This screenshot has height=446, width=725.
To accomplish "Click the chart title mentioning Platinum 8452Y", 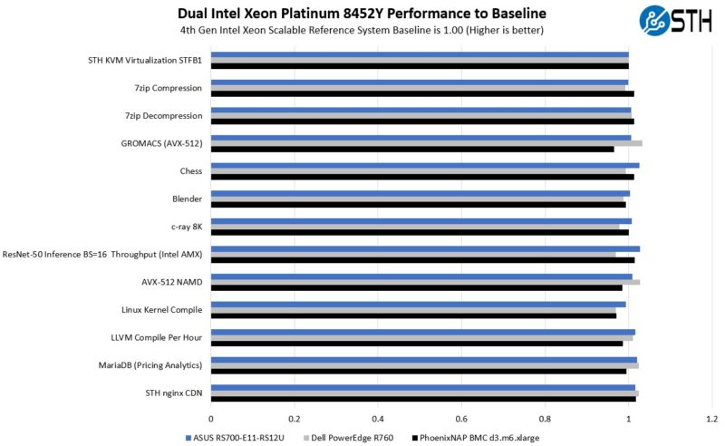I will pos(362,14).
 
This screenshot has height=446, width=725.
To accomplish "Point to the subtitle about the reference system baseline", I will pos(362,29).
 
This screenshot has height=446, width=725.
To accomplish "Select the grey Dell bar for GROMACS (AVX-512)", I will pos(426,143).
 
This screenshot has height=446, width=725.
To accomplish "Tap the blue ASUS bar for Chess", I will pos(424,165).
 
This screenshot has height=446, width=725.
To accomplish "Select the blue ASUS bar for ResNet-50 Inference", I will pos(424,248).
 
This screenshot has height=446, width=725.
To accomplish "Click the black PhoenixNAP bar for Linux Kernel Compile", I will pos(413,315).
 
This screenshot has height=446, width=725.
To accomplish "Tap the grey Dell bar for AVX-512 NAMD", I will pos(425,282).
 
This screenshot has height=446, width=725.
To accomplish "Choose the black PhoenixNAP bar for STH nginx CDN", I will pos(423,399).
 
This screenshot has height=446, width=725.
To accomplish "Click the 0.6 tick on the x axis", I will pos(461,419).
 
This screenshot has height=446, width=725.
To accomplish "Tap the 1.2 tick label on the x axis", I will pos(710,419).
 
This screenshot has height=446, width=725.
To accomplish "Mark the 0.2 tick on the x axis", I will pos(294,419).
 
